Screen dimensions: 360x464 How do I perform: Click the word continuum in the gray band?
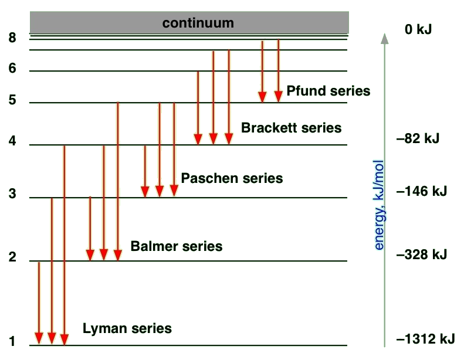point(198,23)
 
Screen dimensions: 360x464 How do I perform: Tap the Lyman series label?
point(127,328)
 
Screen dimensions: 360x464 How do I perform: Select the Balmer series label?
point(177,246)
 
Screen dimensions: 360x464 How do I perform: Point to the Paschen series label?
point(232,178)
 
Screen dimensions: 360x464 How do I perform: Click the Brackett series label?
point(291,128)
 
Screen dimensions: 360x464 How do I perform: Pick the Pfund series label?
point(328,91)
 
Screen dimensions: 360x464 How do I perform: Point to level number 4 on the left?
point(12,142)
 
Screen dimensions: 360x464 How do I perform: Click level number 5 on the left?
point(12,100)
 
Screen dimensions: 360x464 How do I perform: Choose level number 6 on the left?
point(12,69)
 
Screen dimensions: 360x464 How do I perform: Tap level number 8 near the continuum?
point(12,37)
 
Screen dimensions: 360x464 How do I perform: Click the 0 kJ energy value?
point(418,29)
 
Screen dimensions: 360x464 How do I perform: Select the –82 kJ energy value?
point(418,139)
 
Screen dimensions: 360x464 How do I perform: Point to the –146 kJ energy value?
point(422,191)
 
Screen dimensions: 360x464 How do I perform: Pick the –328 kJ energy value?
point(422,254)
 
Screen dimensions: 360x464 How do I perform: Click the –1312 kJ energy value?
point(425,339)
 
